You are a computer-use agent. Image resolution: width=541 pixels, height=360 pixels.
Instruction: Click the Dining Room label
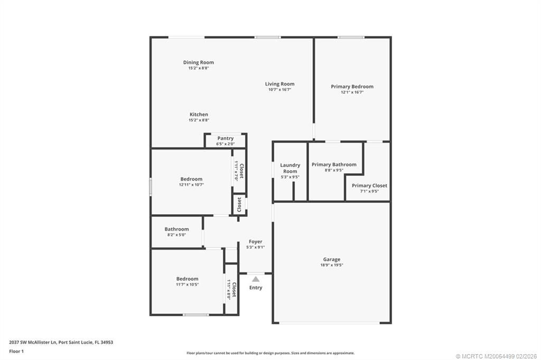pyautogui.click(x=198, y=62)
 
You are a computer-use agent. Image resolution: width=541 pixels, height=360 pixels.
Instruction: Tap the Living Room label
pyautogui.click(x=279, y=84)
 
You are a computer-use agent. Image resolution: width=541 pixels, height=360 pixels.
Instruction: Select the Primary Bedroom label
pyautogui.click(x=352, y=87)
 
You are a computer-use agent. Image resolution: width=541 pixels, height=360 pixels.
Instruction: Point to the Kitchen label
pyautogui.click(x=199, y=115)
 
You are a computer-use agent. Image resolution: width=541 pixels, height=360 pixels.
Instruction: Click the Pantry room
pyautogui.click(x=226, y=141)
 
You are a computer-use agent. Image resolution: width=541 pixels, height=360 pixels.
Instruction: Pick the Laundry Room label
pyautogui.click(x=290, y=168)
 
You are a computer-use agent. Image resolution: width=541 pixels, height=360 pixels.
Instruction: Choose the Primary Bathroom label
pyautogui.click(x=334, y=165)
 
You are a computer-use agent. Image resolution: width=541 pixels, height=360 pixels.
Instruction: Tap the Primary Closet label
pyautogui.click(x=369, y=186)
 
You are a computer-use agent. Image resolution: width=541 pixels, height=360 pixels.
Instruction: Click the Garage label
pyautogui.click(x=332, y=259)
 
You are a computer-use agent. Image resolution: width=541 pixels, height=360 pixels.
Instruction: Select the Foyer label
pyautogui.click(x=256, y=242)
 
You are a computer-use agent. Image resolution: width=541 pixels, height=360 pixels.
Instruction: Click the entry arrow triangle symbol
pyautogui.click(x=256, y=279)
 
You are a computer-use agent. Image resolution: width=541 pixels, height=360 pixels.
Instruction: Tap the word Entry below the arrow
pyautogui.click(x=256, y=288)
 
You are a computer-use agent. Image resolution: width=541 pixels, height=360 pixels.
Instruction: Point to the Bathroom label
pyautogui.click(x=176, y=229)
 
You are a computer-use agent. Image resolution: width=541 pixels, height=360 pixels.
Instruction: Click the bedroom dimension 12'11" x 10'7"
pyautogui.click(x=191, y=185)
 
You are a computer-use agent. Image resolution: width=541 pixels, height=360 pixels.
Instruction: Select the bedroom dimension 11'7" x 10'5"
pyautogui.click(x=188, y=285)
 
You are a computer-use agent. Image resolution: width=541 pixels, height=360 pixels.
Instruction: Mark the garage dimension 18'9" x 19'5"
pyautogui.click(x=332, y=265)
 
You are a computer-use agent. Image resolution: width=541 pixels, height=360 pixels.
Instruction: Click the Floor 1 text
pyautogui.click(x=16, y=350)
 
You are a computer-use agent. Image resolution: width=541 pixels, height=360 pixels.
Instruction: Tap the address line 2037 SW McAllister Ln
pyautogui.click(x=61, y=342)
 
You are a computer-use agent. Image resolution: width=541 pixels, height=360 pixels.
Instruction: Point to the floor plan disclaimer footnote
pyautogui.click(x=270, y=353)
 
